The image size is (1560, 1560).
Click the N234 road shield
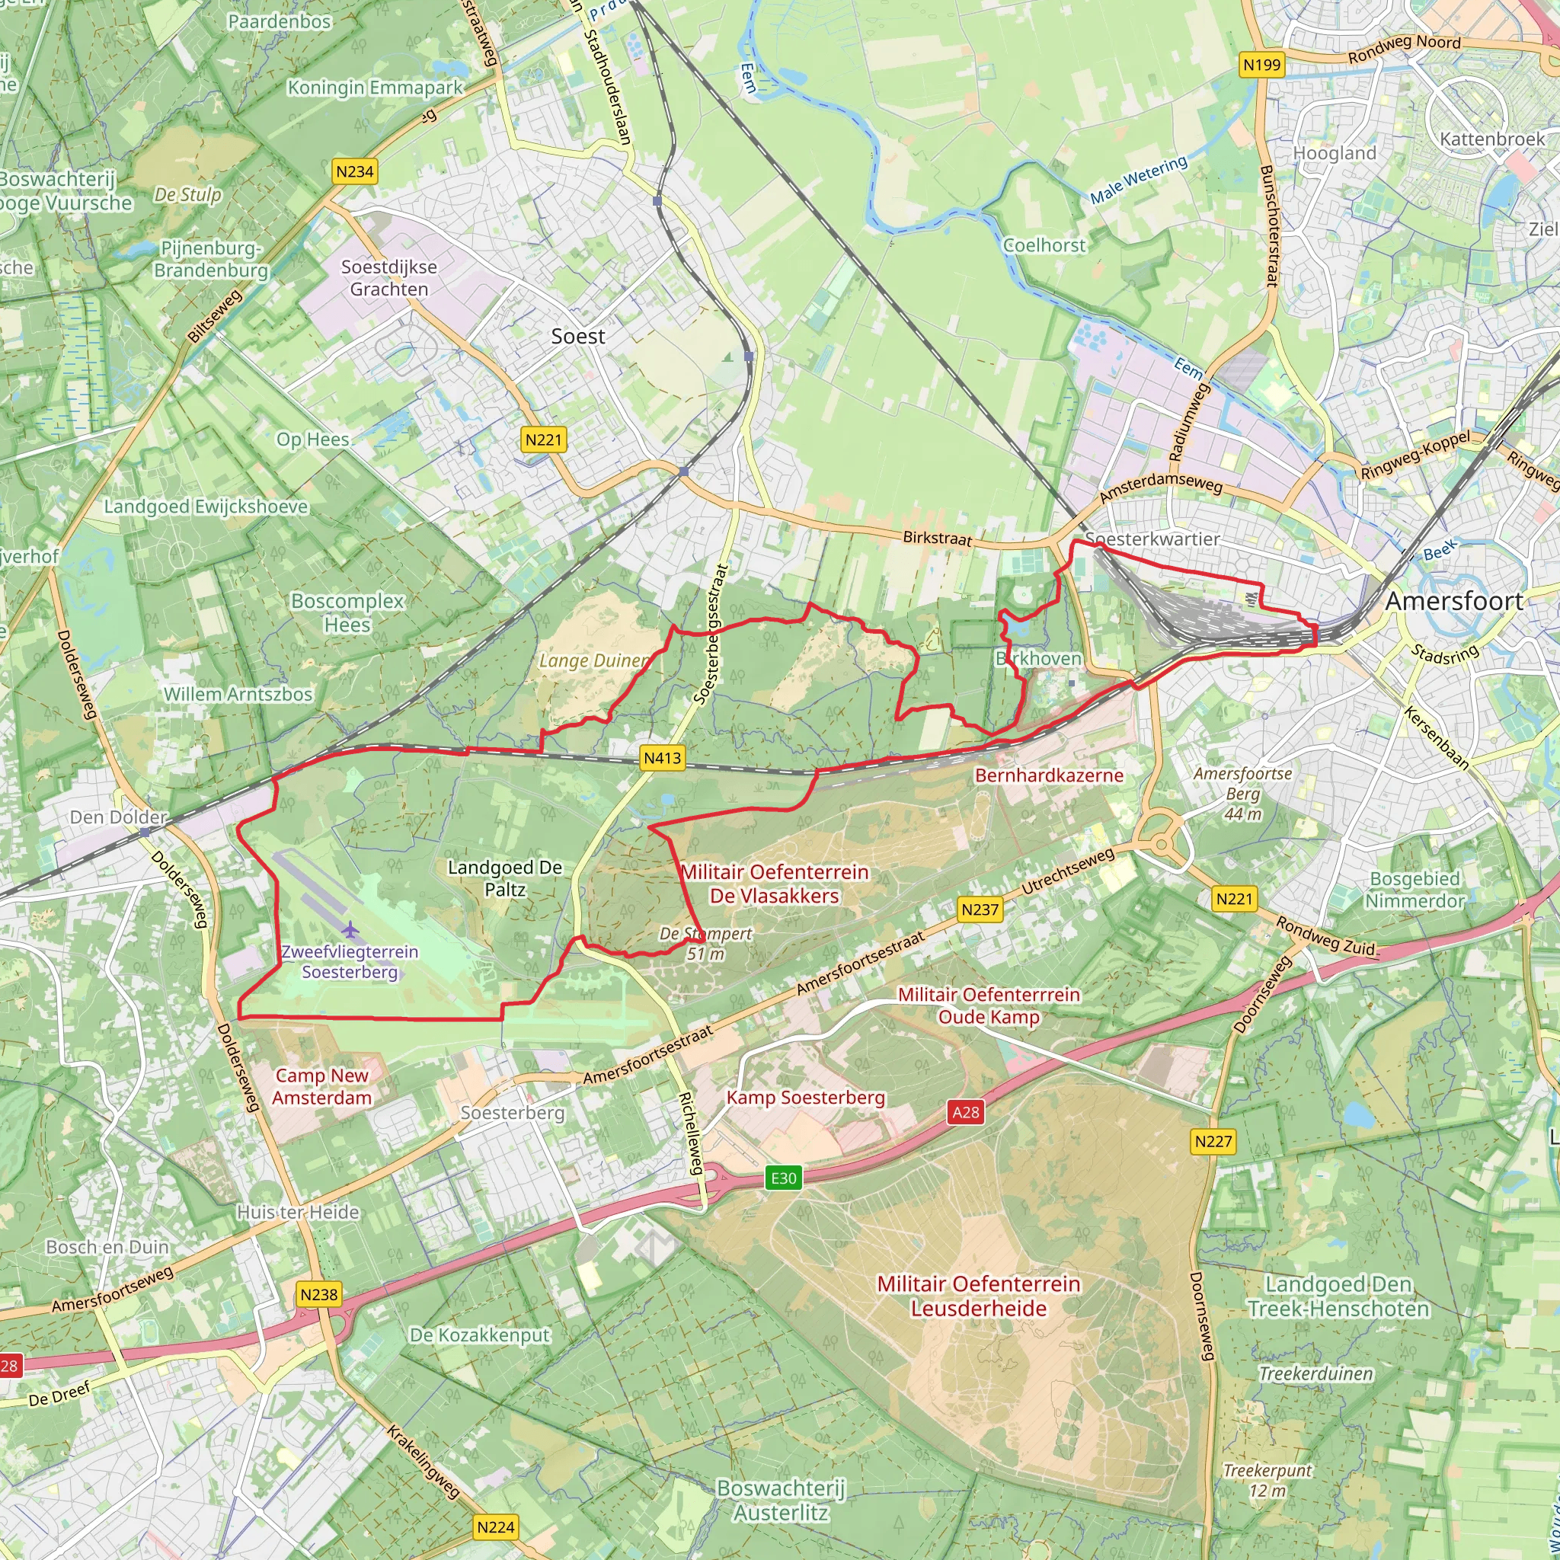point(354,171)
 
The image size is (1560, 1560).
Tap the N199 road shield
point(1261,65)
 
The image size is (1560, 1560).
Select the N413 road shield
point(662,757)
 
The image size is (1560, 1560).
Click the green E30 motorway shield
point(783,1178)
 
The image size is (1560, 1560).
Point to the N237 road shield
point(980,909)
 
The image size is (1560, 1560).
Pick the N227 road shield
point(1213,1141)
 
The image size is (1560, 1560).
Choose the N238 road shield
point(319,1294)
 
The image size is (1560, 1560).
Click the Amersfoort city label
point(1454,601)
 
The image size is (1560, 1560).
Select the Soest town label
point(577,336)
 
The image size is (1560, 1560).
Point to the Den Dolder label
point(118,817)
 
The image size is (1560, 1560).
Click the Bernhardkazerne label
point(1049,775)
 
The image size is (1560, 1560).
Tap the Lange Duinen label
point(594,660)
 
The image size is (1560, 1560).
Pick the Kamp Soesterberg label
point(805,1098)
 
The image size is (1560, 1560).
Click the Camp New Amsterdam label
point(321,1086)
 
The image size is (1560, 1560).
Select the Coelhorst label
point(1044,245)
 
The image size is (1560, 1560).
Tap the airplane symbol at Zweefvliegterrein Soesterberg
point(350,930)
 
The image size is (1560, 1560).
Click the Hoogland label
point(1334,152)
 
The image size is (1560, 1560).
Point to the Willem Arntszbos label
point(238,694)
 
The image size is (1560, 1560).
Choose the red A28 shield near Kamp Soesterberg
point(966,1112)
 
